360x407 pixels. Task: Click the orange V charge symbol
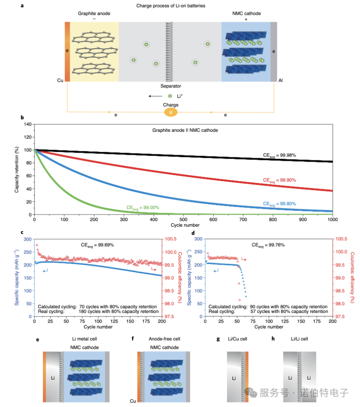(x=171, y=112)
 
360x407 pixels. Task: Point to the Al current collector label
(x=281, y=80)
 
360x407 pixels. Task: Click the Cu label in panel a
(x=60, y=80)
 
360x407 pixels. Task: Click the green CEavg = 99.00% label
(x=143, y=208)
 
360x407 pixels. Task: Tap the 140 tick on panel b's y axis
(x=27, y=124)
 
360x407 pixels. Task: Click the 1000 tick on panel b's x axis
(x=332, y=220)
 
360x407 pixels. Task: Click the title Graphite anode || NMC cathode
(x=185, y=130)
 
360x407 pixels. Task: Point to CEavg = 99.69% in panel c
(x=97, y=245)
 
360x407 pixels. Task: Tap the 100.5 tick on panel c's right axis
(x=170, y=239)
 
